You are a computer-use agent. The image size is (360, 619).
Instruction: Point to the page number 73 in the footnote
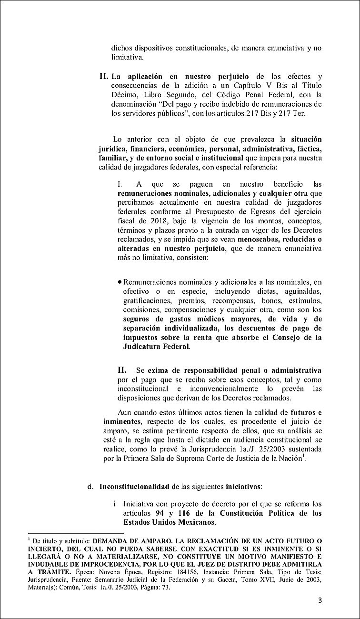click(x=158, y=588)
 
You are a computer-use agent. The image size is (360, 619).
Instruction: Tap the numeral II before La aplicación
click(x=104, y=76)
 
